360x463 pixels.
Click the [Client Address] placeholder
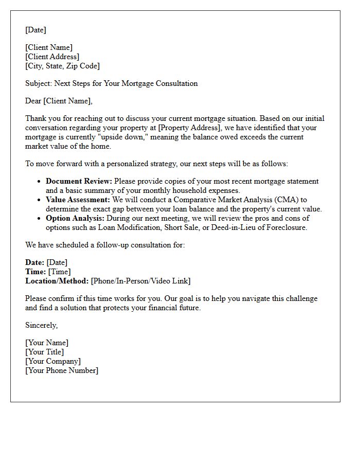(52, 57)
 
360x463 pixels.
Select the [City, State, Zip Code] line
(62, 66)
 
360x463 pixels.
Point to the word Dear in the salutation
(33, 101)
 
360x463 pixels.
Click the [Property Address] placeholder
(187, 128)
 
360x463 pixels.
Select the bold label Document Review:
(79, 181)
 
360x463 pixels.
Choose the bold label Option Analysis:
(75, 218)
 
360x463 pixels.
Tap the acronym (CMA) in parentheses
(285, 200)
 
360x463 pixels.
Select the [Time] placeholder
(60, 272)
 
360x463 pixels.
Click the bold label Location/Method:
(57, 281)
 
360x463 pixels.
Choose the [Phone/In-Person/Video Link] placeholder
(140, 281)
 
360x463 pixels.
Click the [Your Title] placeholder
(45, 352)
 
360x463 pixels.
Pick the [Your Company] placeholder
(53, 361)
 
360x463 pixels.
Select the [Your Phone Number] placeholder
(62, 370)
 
